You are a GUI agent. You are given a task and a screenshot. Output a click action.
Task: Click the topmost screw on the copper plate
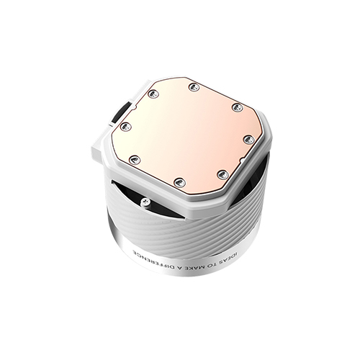click(x=194, y=87)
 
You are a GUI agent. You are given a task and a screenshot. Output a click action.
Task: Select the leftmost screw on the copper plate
click(x=124, y=126)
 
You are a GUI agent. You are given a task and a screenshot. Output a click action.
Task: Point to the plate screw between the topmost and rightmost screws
click(x=237, y=107)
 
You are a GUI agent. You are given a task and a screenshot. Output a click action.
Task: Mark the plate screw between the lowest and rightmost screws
click(x=222, y=174)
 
